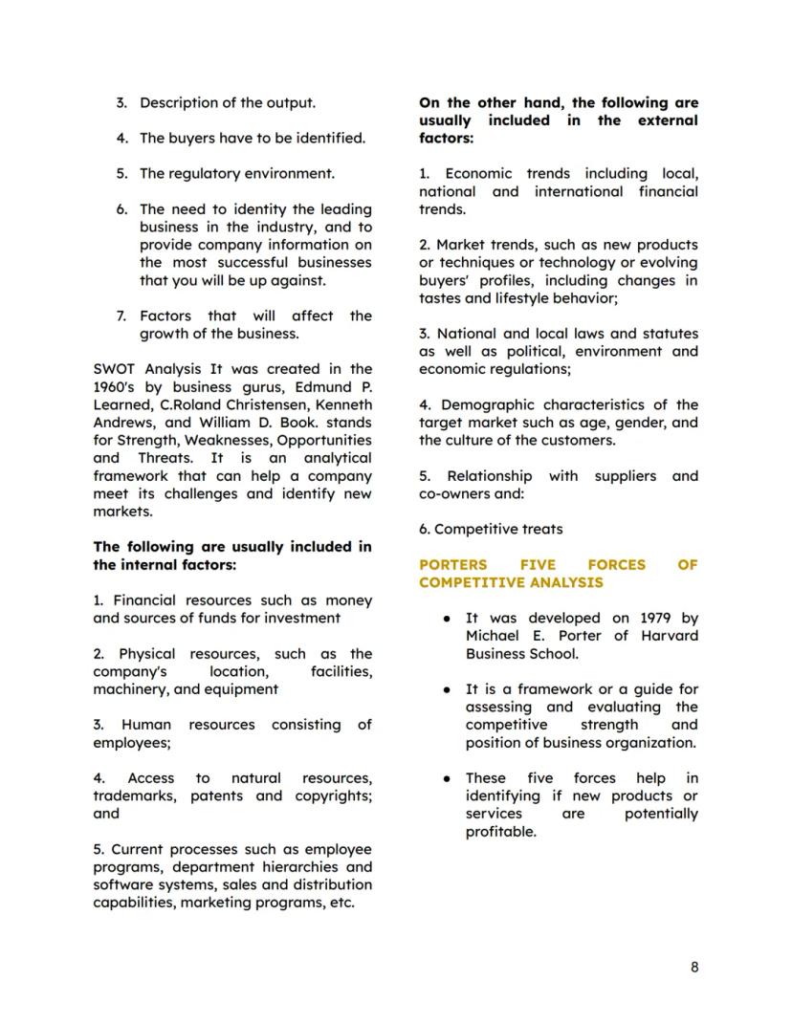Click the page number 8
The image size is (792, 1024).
(x=693, y=967)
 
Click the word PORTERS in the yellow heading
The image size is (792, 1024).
(x=452, y=565)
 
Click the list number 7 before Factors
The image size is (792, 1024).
(x=121, y=316)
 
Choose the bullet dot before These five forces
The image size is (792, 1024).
(x=447, y=779)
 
